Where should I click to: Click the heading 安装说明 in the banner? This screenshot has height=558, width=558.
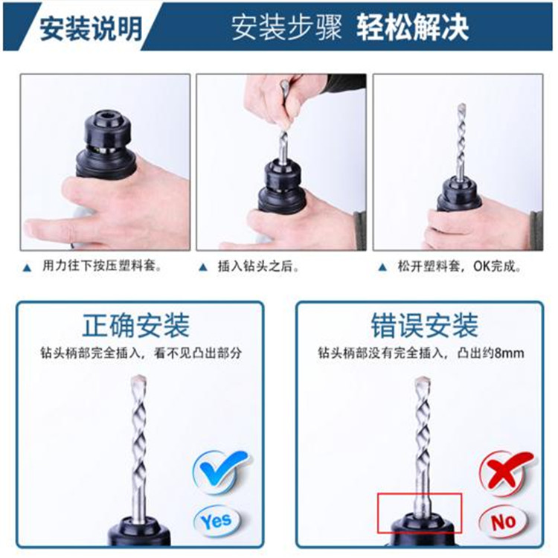coord(91,28)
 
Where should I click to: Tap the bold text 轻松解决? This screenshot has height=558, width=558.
coord(412,28)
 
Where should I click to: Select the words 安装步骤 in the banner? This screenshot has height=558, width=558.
coord(286,28)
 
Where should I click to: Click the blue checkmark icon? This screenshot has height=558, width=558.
coord(221,471)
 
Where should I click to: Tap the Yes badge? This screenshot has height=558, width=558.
coord(217,522)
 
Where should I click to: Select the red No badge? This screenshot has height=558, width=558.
coord(503,522)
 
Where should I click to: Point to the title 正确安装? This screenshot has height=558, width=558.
coord(136,325)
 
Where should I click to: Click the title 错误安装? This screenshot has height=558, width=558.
coord(424,325)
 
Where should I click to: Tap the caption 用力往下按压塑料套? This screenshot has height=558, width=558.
coord(102,266)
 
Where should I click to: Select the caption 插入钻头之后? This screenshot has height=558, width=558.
coord(258,266)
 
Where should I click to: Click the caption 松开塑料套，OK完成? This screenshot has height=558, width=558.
coord(459,266)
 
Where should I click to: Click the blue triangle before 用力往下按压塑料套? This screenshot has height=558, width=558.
coord(27,268)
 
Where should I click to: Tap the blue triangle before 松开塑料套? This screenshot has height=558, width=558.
coord(382,267)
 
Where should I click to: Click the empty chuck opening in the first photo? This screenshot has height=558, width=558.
coord(108,116)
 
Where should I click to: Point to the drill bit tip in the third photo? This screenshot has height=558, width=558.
coord(461,106)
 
